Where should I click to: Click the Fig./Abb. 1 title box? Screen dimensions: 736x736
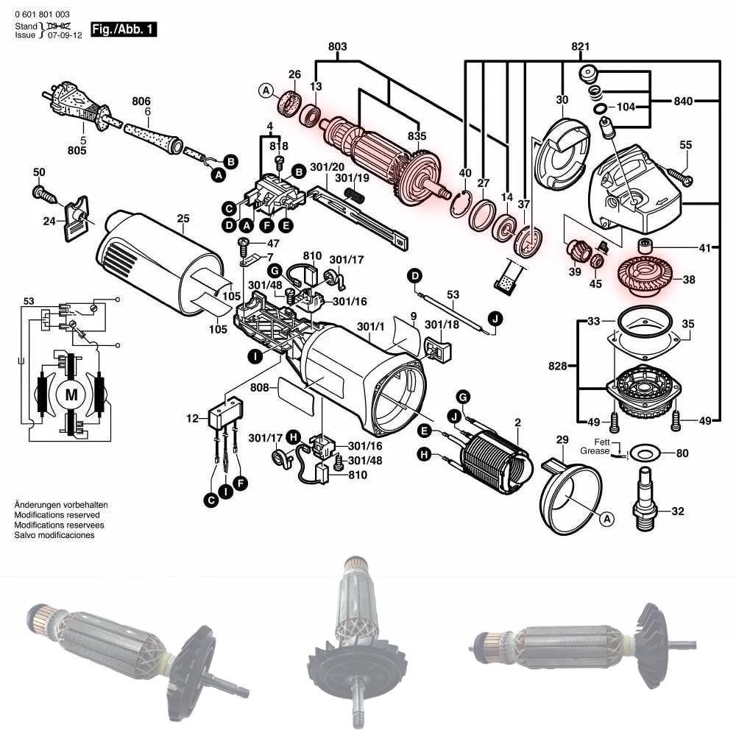123,29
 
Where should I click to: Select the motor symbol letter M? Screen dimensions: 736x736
71,394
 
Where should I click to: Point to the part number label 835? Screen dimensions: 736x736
417,136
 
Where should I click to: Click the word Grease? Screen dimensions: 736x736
595,450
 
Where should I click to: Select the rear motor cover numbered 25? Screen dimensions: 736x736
158,261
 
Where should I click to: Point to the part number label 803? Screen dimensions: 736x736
338,47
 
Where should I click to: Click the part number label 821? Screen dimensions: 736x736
581,47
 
